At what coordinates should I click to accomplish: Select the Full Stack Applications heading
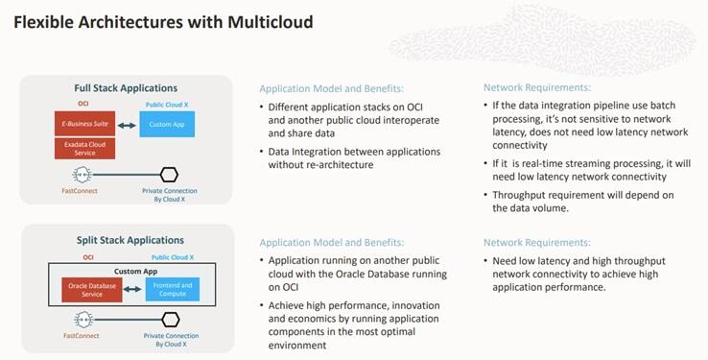click(x=128, y=89)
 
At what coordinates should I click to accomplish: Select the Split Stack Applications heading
click(x=128, y=239)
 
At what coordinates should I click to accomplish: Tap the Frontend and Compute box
click(x=172, y=289)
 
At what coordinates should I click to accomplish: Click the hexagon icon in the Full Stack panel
click(x=170, y=175)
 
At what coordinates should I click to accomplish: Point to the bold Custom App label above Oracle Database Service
click(x=128, y=272)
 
